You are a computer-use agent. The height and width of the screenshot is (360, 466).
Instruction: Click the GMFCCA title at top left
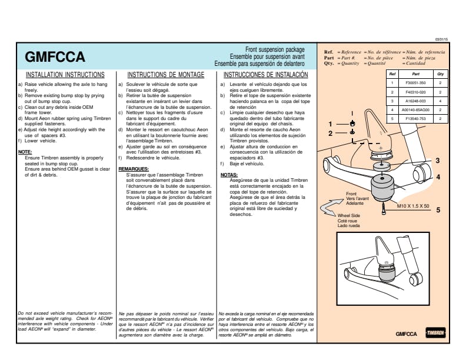[x=56, y=57]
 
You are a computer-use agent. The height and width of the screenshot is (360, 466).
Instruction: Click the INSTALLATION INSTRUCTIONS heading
[x=65, y=75]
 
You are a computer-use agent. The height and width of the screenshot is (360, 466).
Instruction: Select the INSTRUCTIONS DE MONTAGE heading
[x=165, y=75]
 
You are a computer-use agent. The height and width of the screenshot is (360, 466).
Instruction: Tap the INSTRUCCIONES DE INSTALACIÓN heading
[x=265, y=75]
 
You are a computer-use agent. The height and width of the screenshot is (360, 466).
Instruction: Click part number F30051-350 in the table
[x=415, y=84]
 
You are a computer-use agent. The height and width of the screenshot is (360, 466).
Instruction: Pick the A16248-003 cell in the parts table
[x=415, y=101]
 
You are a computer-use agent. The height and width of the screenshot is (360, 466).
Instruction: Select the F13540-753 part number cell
[x=415, y=118]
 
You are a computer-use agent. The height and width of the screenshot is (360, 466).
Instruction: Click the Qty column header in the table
[x=440, y=75]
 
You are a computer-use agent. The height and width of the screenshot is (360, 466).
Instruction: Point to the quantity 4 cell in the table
[x=440, y=101]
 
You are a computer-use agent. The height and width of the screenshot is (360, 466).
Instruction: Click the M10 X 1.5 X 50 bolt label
[x=413, y=207]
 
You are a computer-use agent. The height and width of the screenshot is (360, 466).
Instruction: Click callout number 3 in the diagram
[x=437, y=161]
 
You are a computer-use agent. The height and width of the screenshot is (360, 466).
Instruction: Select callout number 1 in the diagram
[x=331, y=124]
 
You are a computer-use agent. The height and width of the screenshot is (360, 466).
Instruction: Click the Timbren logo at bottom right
[x=435, y=334]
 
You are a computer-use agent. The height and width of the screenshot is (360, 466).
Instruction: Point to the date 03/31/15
[x=441, y=39]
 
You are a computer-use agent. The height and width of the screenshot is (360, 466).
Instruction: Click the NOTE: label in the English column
[x=25, y=152]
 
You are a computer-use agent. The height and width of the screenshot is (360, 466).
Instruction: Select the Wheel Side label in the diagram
[x=349, y=216]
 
